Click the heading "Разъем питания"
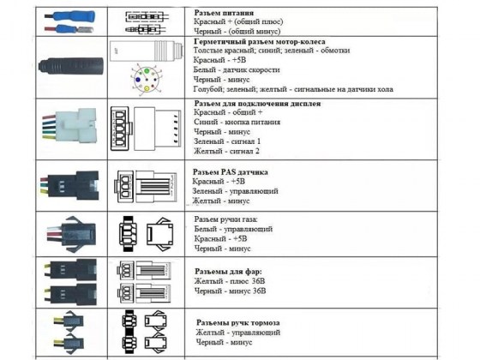224,13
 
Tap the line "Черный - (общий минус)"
237,31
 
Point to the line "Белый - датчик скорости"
237,69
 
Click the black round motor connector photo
70,66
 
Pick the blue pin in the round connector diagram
138,80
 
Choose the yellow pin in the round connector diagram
147,88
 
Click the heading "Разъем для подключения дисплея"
257,104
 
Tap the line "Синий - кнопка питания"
237,122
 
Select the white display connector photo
69,126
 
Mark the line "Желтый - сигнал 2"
226,151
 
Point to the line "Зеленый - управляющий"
235,191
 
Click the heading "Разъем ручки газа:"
226,219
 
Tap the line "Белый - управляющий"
233,229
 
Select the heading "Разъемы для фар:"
228,272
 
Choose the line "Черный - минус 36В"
230,291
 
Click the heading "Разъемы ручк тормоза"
238,322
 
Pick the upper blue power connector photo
69,16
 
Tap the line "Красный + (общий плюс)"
238,21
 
